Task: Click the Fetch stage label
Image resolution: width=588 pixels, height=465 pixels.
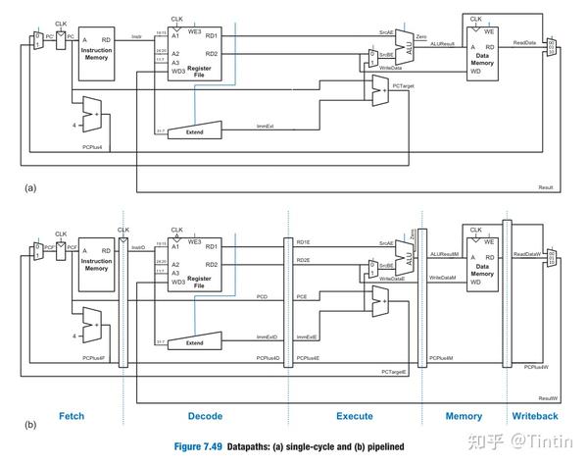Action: (x=72, y=416)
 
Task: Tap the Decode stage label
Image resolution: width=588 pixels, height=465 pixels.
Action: (x=205, y=416)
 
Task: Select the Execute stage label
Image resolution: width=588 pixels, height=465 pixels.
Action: (x=354, y=416)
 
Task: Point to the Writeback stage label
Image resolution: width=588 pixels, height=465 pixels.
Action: (x=535, y=416)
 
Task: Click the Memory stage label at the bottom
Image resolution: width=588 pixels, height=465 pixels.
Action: (x=464, y=416)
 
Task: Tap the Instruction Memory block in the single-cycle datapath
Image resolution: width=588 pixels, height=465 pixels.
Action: (x=96, y=48)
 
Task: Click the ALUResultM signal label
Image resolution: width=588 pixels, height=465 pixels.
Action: (x=445, y=253)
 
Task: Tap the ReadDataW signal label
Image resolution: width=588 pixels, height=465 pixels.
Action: (x=526, y=253)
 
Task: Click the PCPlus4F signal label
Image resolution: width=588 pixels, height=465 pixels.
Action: (x=97, y=358)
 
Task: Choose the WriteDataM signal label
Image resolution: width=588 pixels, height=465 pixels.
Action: (x=444, y=279)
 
